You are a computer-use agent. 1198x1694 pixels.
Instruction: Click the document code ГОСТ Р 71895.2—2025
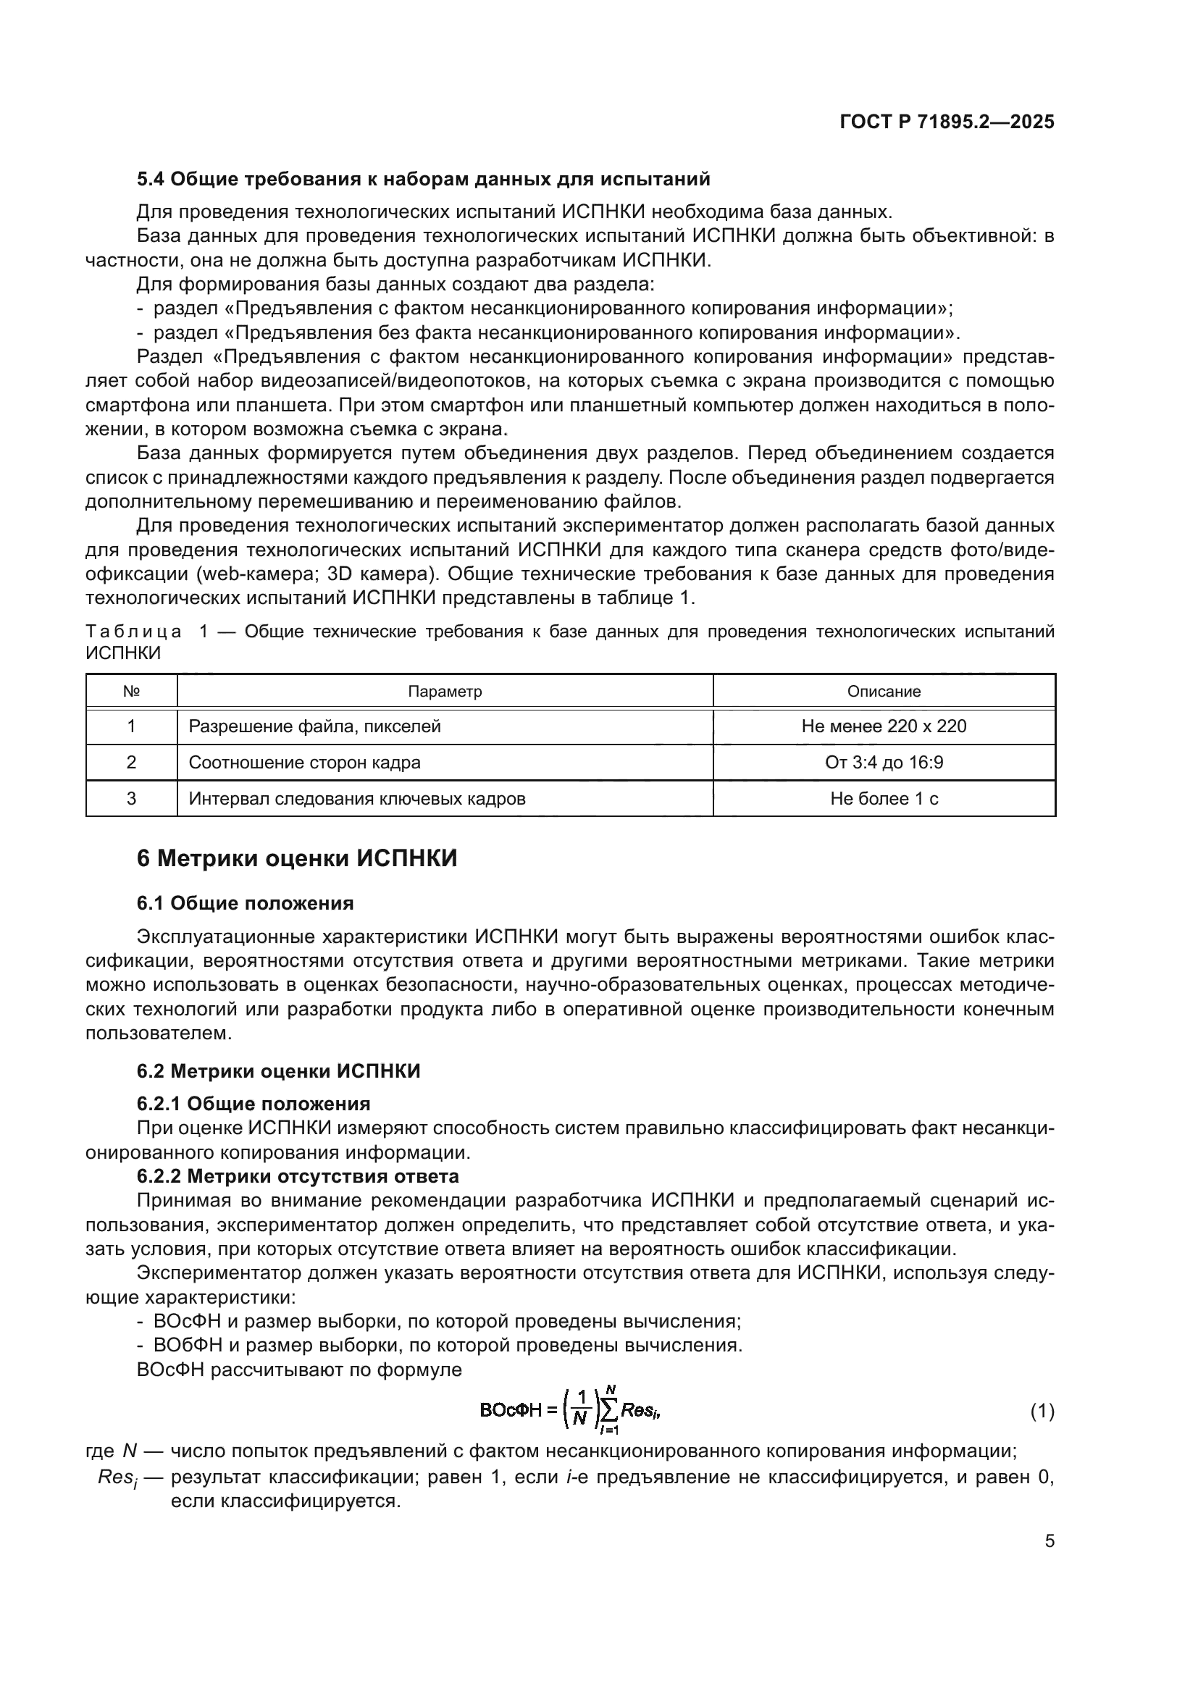(947, 122)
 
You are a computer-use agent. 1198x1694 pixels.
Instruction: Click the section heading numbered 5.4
(424, 180)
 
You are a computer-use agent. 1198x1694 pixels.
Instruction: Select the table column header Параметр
(445, 692)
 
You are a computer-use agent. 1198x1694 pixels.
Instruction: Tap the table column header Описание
(884, 692)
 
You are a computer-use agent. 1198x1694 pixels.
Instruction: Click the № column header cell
(131, 692)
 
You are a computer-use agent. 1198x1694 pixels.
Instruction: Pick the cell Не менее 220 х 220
(884, 726)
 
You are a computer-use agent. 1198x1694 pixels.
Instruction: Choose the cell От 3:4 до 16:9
(884, 762)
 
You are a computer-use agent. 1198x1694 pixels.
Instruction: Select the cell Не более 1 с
(884, 798)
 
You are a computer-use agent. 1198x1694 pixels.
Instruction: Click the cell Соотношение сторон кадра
(305, 762)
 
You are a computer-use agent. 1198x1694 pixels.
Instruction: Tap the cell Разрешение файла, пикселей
(315, 726)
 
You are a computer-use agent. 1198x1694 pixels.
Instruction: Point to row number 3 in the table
(131, 798)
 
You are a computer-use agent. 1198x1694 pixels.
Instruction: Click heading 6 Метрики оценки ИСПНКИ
(297, 859)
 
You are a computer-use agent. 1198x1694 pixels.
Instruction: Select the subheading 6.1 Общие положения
(245, 903)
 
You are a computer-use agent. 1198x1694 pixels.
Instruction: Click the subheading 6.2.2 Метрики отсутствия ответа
(298, 1176)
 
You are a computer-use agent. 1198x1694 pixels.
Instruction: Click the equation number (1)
(1042, 1412)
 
